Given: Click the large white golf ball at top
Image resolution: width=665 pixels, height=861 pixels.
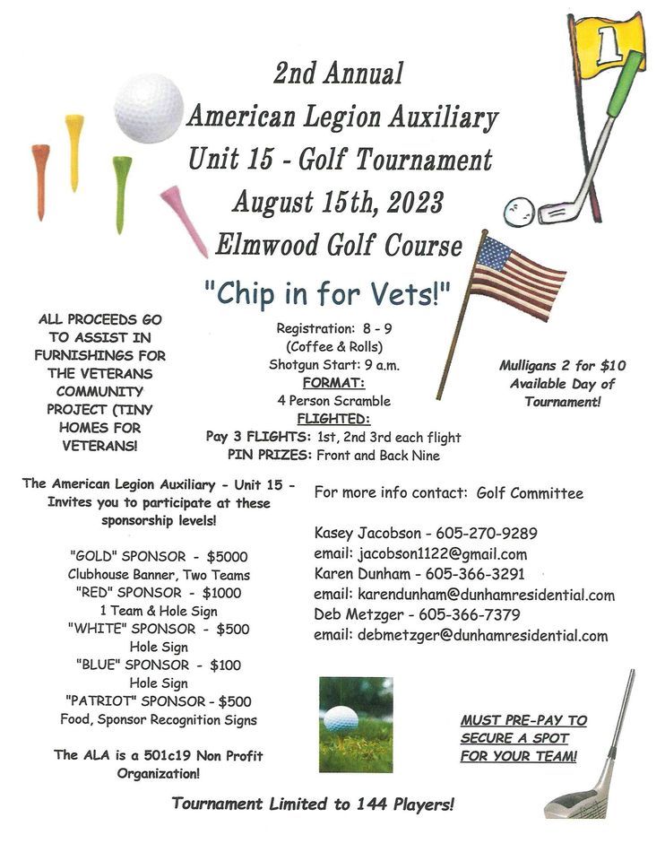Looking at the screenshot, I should (x=149, y=108).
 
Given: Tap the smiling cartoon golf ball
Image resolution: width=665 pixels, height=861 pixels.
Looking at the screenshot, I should (x=519, y=213).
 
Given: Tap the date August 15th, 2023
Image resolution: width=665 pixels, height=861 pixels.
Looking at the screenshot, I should (x=338, y=201).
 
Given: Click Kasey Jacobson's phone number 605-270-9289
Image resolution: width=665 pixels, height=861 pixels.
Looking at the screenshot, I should (x=488, y=533).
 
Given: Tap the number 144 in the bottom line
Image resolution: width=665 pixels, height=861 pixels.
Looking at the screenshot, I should (x=352, y=804).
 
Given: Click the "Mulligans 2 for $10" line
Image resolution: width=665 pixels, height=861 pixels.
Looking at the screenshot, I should (x=563, y=365).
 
